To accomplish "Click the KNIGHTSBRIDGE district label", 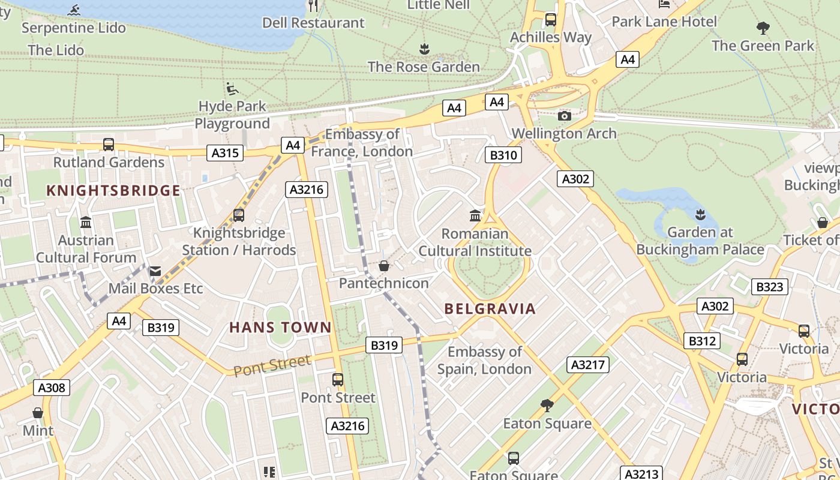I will [113, 191].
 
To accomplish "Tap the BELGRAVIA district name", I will [490, 309].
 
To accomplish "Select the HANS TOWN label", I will [280, 328].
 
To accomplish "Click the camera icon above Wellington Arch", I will [564, 116].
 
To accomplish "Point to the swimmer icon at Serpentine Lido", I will [74, 10].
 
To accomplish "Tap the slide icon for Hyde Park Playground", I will [232, 89].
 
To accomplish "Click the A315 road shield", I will [226, 153].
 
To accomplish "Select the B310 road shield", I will [503, 156].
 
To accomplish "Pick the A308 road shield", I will [52, 388].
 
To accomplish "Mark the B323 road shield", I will [769, 287].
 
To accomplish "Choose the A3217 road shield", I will [588, 365].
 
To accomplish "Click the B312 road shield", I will [701, 341].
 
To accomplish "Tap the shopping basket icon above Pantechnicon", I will [383, 266].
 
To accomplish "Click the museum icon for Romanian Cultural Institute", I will [475, 215].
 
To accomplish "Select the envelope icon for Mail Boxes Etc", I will [155, 271].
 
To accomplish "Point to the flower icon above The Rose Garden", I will [424, 49].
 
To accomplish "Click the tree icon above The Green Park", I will [763, 28].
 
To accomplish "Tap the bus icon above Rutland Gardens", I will [109, 144].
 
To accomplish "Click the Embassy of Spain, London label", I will [484, 360].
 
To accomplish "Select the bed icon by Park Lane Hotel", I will [664, 5].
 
